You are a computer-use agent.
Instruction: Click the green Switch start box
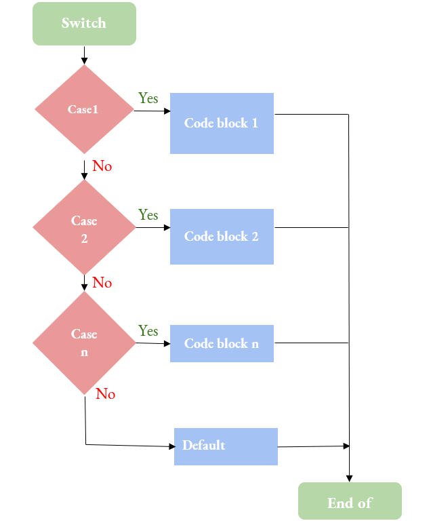[x=84, y=24]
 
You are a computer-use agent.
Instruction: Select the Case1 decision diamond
[x=84, y=109]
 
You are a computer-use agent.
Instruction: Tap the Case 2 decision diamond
[x=84, y=229]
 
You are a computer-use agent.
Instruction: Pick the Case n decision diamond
[x=84, y=343]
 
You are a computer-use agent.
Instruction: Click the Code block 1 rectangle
[x=222, y=123]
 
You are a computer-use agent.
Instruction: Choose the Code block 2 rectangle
[x=222, y=237]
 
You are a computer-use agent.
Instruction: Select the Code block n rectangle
[x=222, y=344]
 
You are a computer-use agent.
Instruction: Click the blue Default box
[x=226, y=446]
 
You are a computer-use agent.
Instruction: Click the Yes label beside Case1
[x=148, y=98]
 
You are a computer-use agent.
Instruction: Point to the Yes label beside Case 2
[x=148, y=215]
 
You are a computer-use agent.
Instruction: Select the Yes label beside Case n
[x=148, y=331]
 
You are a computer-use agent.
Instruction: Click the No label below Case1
[x=102, y=166]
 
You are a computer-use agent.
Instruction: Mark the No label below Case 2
[x=102, y=283]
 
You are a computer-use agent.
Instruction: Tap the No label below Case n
[x=106, y=394]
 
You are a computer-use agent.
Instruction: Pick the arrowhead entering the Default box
[x=171, y=446]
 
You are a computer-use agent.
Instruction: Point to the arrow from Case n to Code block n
[x=152, y=343]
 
